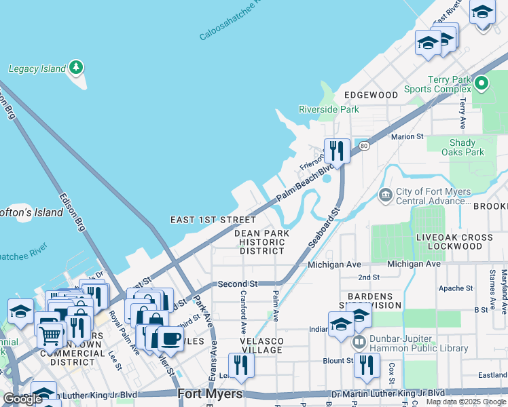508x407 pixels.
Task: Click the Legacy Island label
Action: [x=37, y=69]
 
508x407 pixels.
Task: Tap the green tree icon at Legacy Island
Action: [x=76, y=68]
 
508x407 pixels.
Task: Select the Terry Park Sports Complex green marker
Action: [x=482, y=84]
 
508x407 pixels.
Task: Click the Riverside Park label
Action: [x=329, y=109]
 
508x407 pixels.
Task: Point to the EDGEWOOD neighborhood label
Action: [x=371, y=95]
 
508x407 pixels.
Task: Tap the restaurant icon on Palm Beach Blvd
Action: [x=337, y=150]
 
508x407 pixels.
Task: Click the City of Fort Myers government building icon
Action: [x=386, y=196]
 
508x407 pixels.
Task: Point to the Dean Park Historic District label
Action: [x=262, y=241]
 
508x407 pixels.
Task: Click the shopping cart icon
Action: [x=50, y=334]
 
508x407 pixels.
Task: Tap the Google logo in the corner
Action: [x=22, y=400]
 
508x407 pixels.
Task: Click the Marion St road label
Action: [x=407, y=136]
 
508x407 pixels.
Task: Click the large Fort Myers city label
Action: [x=210, y=394]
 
